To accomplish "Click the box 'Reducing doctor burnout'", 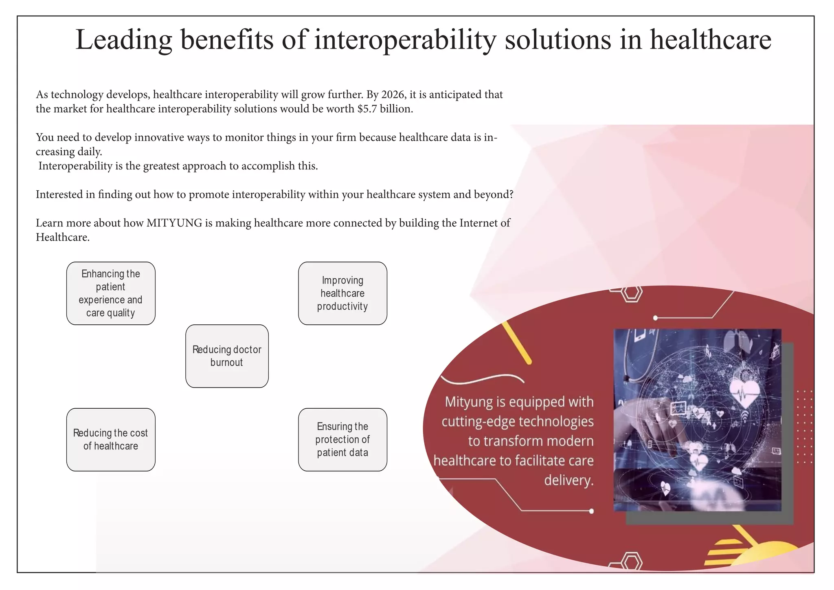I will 227,356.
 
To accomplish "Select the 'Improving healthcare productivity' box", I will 342,293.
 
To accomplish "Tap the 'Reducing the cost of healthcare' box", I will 111,439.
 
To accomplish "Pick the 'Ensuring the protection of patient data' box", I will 342,439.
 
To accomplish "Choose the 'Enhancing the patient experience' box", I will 111,293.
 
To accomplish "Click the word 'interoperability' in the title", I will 405,40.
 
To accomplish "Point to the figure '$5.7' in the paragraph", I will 367,109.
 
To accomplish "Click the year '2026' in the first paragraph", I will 393,95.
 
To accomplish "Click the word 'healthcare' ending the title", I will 710,40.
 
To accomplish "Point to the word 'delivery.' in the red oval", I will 569,480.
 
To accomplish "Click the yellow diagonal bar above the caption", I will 516,342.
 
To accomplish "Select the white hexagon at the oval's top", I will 631,293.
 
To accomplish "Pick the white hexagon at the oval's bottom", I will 631,562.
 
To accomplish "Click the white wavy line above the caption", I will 482,379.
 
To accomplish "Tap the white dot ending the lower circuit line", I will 591,511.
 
